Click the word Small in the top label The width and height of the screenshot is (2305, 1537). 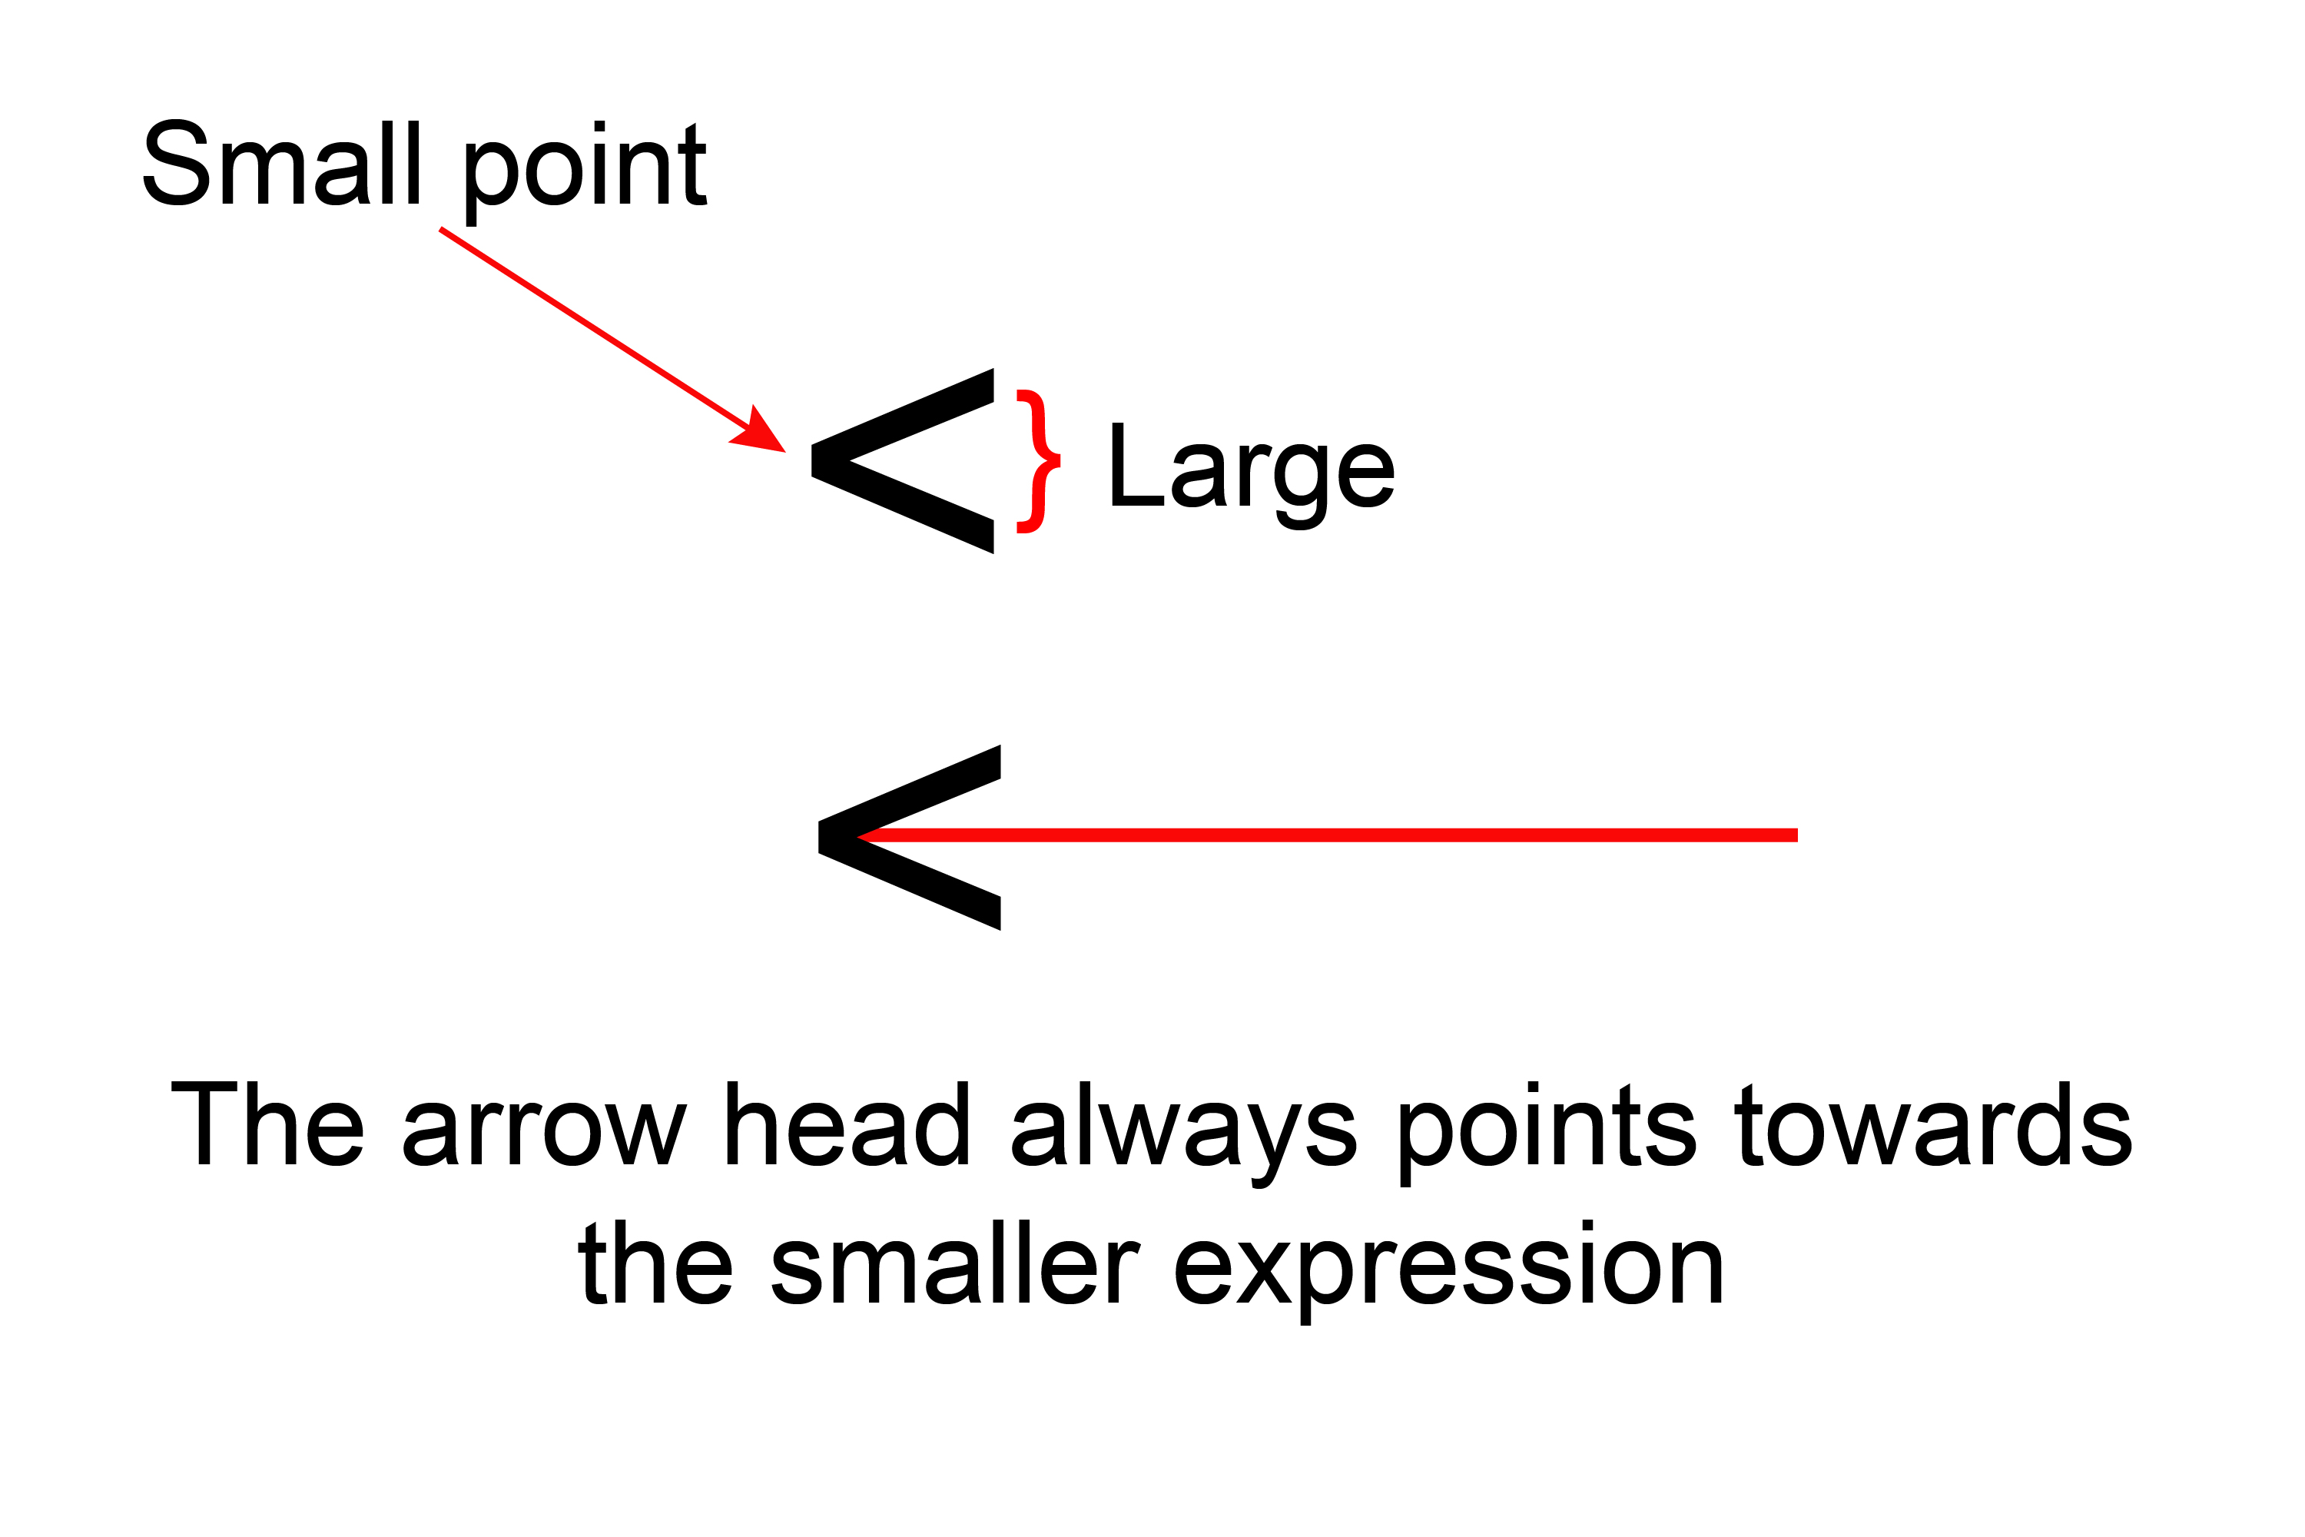[281, 163]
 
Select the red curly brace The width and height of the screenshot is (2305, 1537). [1039, 460]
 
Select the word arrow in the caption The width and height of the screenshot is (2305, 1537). [545, 1134]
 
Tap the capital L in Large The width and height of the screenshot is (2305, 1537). [1135, 465]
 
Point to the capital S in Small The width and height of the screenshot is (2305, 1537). [177, 163]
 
